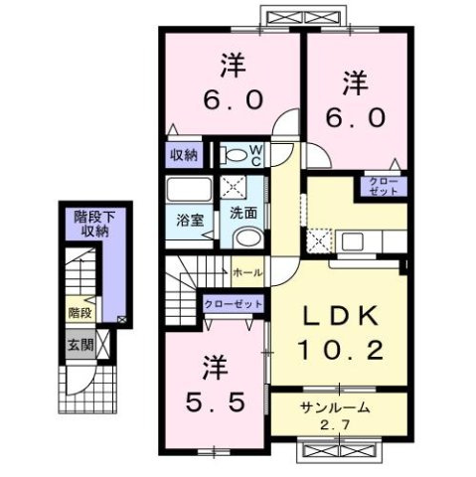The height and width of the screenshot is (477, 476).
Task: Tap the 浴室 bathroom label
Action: [x=191, y=219]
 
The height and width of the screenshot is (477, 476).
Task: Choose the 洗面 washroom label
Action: [x=243, y=212]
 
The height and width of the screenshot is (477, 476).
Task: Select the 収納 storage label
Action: [x=184, y=155]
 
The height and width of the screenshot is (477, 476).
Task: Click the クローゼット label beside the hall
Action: [x=233, y=303]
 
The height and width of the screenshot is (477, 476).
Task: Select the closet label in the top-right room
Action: [x=382, y=186]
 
